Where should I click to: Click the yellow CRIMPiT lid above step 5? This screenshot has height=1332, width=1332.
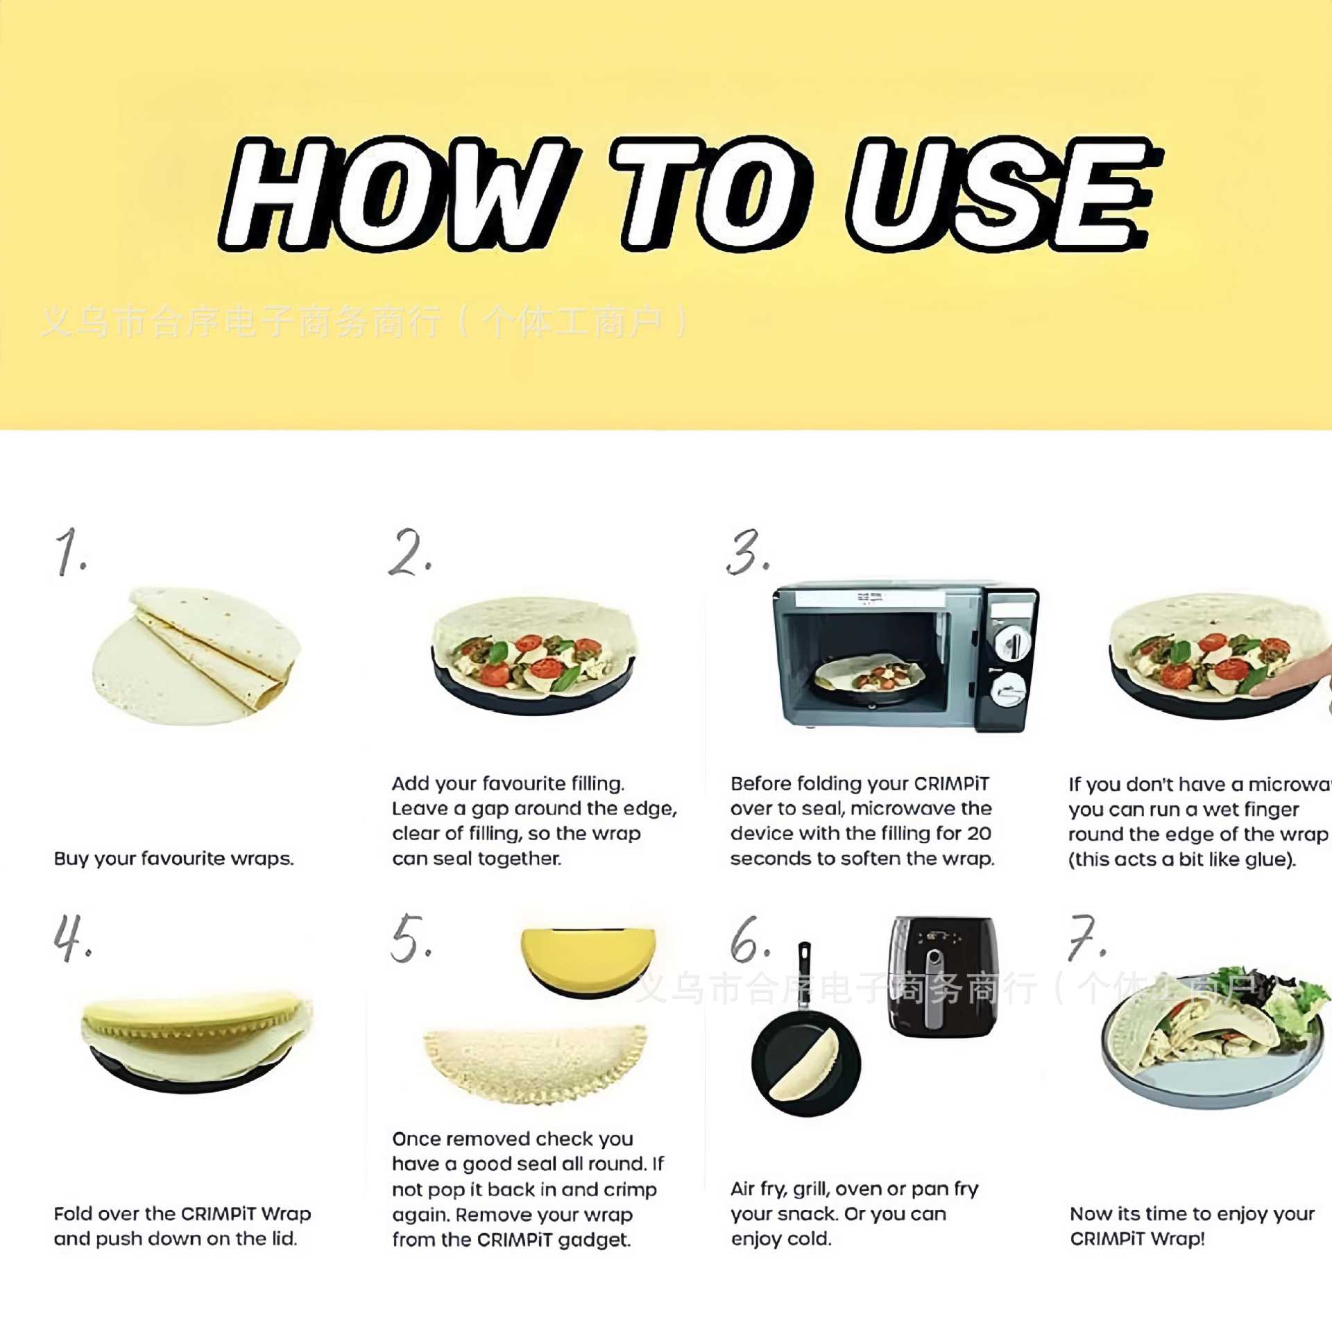pos(588,961)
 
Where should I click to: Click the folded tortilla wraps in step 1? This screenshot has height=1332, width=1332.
pos(208,645)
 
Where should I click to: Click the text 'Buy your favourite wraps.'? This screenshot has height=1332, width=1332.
pos(173,859)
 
